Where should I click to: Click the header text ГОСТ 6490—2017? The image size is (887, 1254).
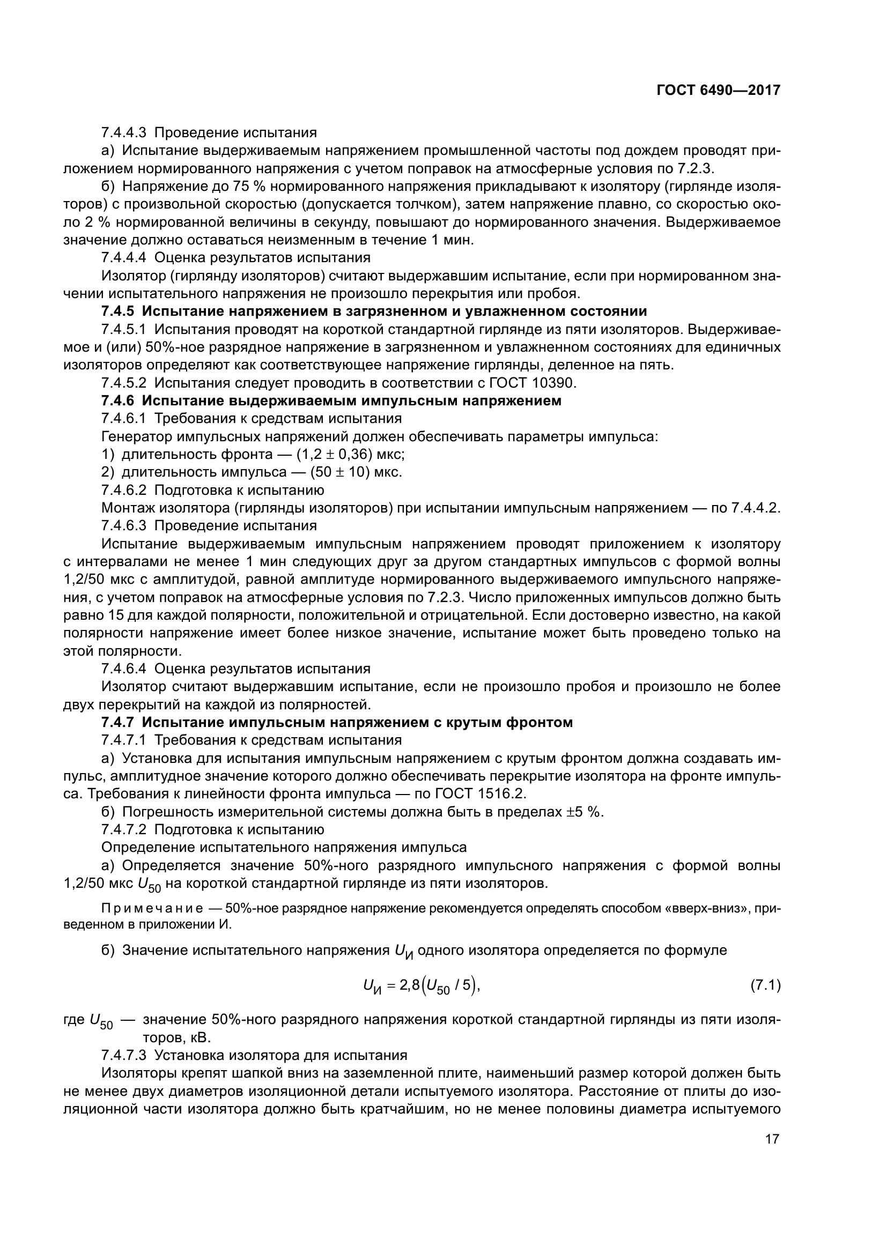(718, 91)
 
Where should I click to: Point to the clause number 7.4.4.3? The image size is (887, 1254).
(124, 133)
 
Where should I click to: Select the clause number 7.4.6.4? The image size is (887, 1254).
(124, 669)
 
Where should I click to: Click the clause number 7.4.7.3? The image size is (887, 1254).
(124, 1055)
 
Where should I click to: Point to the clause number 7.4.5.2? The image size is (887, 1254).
(124, 383)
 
